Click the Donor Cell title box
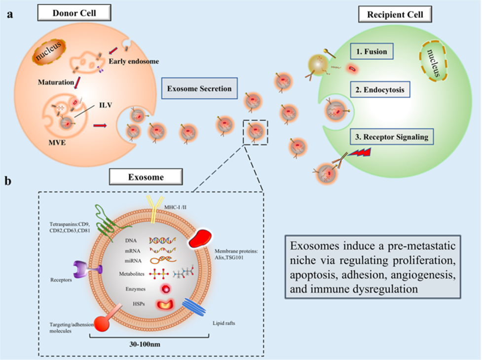[74, 12]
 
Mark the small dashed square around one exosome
[256, 132]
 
